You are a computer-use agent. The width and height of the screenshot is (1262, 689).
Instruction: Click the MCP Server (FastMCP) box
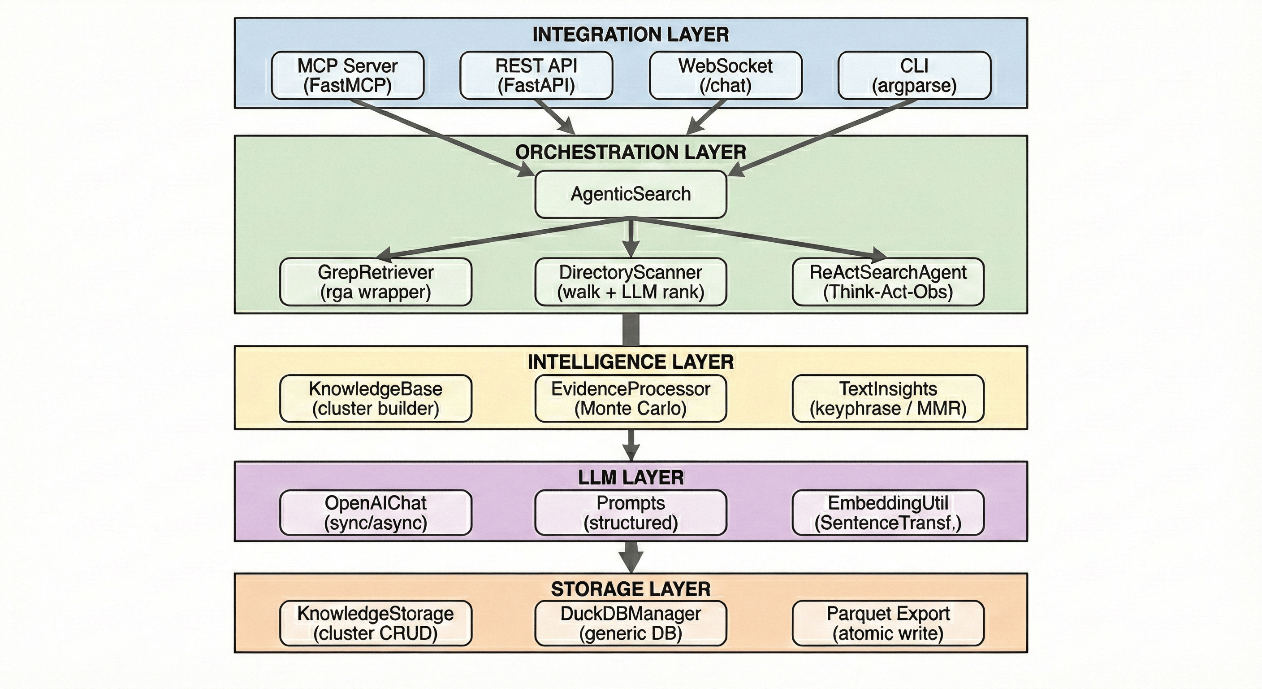347,75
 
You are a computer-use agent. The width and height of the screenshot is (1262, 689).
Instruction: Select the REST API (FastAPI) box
536,75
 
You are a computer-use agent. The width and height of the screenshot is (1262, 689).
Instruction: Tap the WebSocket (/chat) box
725,75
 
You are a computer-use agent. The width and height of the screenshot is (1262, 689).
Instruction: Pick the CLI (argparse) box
914,75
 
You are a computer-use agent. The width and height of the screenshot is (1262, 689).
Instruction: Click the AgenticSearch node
631,194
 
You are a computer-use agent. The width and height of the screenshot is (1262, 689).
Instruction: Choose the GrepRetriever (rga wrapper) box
375,282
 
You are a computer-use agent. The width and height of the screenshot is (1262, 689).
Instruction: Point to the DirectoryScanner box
631,282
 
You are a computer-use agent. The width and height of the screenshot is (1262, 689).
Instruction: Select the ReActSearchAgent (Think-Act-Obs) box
888,282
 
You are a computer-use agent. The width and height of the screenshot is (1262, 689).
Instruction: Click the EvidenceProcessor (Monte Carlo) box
631,398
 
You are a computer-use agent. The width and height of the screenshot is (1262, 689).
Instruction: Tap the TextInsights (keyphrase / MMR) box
888,398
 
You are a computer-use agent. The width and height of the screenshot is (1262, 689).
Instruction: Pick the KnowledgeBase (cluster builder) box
375,398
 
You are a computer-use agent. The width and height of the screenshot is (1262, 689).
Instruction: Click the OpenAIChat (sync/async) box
375,512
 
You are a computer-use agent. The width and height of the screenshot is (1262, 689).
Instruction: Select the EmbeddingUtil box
888,512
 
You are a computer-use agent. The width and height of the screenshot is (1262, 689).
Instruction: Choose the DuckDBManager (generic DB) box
631,624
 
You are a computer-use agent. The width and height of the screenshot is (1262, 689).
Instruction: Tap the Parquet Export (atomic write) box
888,624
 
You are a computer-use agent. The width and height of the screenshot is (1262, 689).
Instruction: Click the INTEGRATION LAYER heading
631,35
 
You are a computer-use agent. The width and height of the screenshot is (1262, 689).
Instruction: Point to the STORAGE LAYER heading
631,589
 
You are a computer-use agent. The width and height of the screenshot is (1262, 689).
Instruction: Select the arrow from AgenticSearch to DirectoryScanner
631,237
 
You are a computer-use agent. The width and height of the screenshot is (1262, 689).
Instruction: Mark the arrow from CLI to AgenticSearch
823,137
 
